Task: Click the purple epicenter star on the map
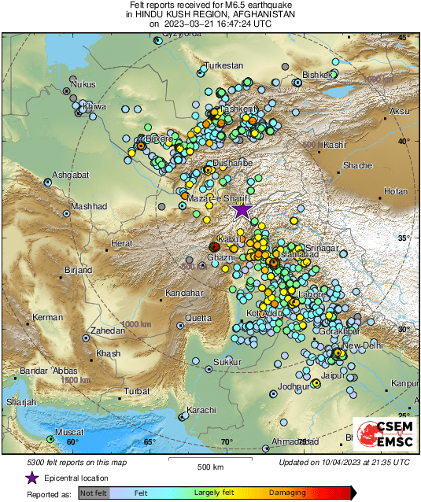tap(242, 209)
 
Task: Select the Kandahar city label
tap(184, 293)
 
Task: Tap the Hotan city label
tap(396, 191)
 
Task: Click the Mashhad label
tap(89, 206)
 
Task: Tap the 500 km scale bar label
tap(211, 467)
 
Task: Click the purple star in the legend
tap(32, 478)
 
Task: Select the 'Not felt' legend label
tap(94, 493)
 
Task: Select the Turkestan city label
tap(226, 66)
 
